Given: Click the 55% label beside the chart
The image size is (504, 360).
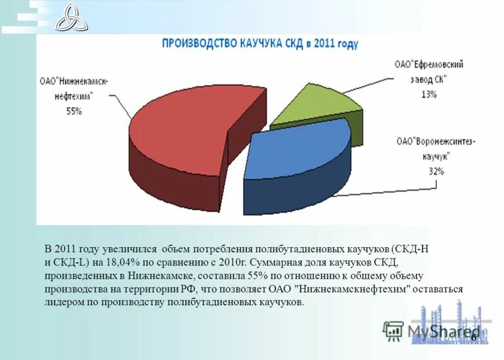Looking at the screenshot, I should pyautogui.click(x=74, y=112).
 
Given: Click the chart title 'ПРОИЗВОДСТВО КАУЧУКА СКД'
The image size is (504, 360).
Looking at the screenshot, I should pyautogui.click(x=260, y=44).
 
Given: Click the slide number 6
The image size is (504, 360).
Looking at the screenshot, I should pyautogui.click(x=473, y=337).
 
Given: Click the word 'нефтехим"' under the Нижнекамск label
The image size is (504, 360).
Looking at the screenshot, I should pyautogui.click(x=74, y=97).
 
